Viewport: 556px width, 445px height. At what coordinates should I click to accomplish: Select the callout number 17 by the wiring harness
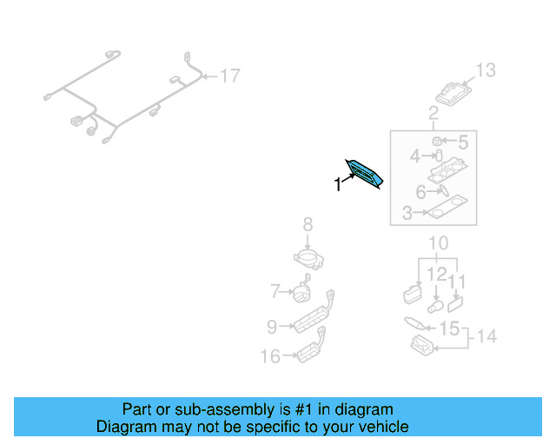tap(228, 76)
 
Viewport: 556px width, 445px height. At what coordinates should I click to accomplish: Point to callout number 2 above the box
tap(433, 113)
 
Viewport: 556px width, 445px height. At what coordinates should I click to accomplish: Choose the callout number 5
tap(462, 141)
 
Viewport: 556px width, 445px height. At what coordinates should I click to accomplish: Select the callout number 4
tap(415, 156)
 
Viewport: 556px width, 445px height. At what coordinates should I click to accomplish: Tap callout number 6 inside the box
tap(420, 192)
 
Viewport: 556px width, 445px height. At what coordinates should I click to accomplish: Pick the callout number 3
tap(407, 212)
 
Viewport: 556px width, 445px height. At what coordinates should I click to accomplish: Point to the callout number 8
tap(308, 226)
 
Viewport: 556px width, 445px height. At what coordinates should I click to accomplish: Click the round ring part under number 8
tap(308, 257)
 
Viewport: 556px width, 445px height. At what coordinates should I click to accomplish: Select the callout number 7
tap(275, 291)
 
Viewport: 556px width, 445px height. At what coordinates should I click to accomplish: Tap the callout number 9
tap(271, 327)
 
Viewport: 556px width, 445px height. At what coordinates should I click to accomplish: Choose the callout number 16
tap(271, 355)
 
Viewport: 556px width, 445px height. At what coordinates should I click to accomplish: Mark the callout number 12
tap(437, 275)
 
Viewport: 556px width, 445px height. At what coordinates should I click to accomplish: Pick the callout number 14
tap(487, 336)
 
